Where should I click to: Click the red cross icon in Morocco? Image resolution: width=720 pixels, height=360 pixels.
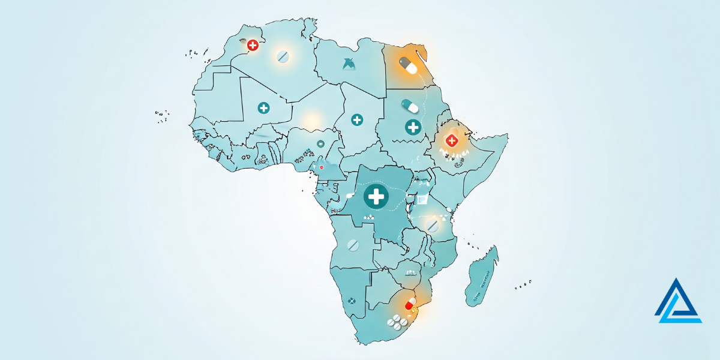tap(253, 45)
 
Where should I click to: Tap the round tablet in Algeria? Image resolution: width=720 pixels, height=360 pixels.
tap(283, 57)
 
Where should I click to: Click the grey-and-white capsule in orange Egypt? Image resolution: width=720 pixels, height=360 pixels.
tap(408, 65)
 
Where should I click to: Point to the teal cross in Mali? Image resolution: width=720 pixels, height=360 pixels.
tap(263, 108)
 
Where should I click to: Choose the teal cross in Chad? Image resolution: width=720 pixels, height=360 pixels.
tap(357, 120)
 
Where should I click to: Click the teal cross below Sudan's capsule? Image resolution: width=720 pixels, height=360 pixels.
tap(413, 127)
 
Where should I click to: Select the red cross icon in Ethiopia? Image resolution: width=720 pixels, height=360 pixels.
tap(451, 140)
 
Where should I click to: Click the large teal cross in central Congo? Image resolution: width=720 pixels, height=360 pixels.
tap(376, 196)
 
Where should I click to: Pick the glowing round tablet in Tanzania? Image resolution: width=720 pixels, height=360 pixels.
tap(432, 225)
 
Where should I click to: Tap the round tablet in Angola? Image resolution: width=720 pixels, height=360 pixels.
tap(353, 245)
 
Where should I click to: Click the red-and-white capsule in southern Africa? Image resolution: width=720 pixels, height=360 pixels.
tap(410, 304)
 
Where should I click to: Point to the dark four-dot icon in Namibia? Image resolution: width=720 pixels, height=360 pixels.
tap(352, 299)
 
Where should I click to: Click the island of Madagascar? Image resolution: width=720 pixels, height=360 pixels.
tap(482, 276)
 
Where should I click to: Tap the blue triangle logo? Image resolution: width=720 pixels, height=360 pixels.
tap(678, 301)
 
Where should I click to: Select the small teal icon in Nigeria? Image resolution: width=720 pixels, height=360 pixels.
tap(321, 144)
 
